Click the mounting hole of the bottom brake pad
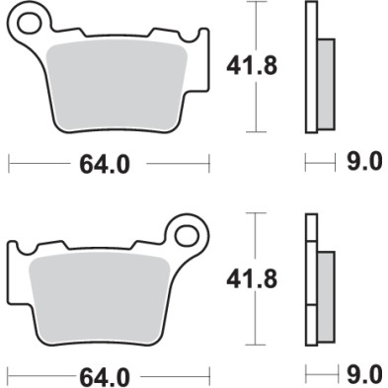point(187,236)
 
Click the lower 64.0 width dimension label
point(103,375)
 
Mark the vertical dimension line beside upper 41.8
point(259,67)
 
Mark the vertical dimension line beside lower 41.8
point(259,278)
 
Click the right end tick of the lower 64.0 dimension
point(209,375)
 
